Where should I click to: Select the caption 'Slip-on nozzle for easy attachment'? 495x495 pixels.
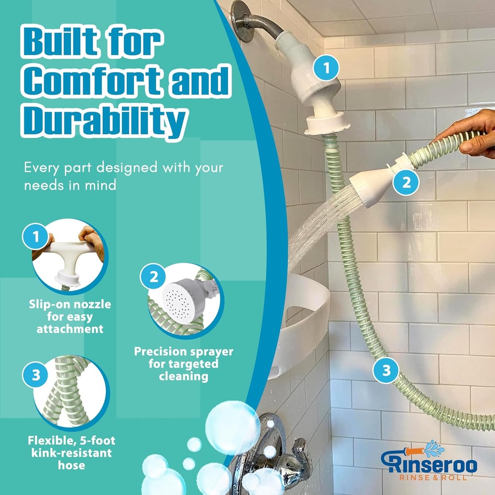(x=70, y=317)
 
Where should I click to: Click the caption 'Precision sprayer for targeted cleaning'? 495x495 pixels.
(x=183, y=364)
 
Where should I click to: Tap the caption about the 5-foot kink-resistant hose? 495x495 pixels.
(x=71, y=453)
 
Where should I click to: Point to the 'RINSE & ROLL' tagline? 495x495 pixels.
(x=433, y=478)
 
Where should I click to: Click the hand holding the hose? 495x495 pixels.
(x=469, y=138)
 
